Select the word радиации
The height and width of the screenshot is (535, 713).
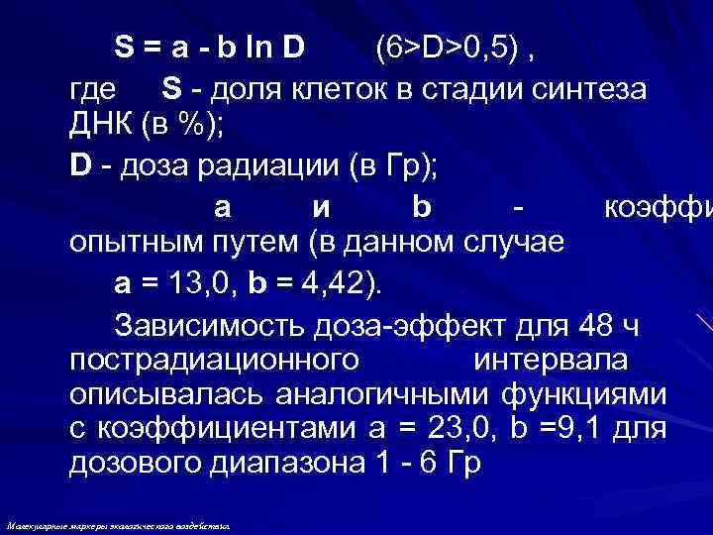pyautogui.click(x=256, y=167)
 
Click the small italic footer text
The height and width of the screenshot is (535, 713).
pyautogui.click(x=118, y=526)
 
